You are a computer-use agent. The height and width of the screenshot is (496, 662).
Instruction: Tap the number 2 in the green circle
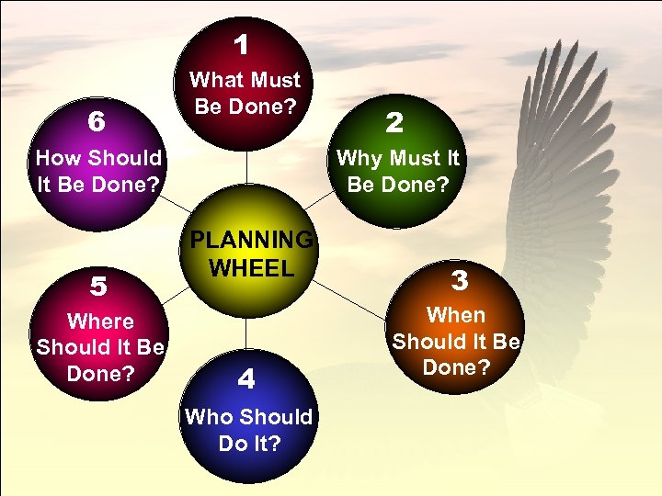(394, 122)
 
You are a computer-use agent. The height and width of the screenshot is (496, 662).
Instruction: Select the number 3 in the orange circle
(460, 277)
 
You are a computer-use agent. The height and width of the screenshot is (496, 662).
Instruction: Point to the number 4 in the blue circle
(245, 378)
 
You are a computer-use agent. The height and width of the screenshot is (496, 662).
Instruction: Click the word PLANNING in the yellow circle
(251, 240)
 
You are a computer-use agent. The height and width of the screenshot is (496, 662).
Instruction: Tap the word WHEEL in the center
(251, 268)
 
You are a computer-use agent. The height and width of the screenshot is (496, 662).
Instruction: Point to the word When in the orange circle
(456, 315)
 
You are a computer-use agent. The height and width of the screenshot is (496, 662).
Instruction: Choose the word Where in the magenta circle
(100, 321)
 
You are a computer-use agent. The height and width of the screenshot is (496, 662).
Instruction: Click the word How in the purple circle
(58, 158)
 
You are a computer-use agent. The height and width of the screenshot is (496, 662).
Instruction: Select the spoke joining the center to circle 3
(354, 300)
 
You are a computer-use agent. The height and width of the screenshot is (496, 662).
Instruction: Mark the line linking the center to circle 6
(177, 208)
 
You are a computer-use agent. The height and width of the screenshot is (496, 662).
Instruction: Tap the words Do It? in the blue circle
(249, 443)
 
